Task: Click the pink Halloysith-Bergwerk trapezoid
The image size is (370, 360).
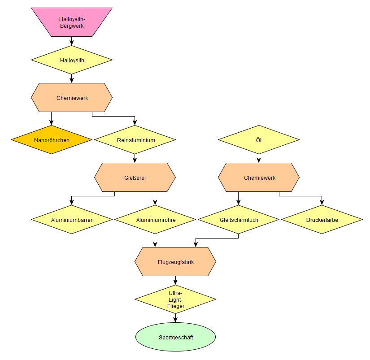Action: (72, 22)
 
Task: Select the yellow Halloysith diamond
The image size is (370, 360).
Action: (72, 60)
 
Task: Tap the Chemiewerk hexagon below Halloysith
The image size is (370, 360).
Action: (72, 98)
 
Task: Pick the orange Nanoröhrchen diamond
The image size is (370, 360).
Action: (52, 140)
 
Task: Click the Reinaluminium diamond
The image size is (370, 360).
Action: (135, 140)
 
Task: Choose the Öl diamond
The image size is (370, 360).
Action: (259, 140)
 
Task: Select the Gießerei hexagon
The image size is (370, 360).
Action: (135, 178)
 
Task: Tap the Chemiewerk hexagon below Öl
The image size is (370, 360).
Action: (259, 178)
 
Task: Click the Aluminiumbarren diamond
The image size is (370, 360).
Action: (72, 220)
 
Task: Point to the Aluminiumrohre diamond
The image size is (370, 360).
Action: (155, 220)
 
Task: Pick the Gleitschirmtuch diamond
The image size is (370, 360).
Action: (239, 220)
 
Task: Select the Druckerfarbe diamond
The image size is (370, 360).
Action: (322, 220)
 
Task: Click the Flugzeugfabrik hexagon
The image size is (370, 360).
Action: (175, 262)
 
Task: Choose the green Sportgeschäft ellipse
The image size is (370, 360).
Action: (175, 337)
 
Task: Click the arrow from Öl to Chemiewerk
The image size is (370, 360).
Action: (259, 159)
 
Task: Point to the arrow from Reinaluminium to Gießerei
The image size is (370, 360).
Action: (135, 159)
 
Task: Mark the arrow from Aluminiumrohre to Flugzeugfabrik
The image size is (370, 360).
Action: (155, 240)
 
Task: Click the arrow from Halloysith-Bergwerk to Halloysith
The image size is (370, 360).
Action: (72, 41)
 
